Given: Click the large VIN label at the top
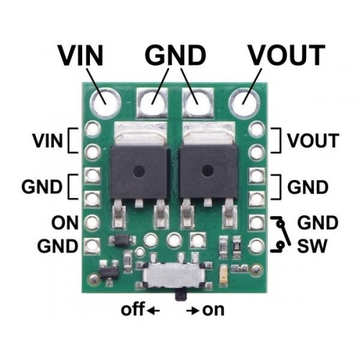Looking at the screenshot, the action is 81,55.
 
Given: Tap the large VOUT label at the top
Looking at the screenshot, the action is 287,55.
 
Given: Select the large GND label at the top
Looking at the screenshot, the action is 175,55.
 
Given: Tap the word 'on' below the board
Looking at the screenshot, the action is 213,310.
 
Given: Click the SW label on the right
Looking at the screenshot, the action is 312,246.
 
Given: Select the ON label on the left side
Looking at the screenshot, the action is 65,222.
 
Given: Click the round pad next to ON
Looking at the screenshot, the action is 93,222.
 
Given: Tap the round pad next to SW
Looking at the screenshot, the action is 256,246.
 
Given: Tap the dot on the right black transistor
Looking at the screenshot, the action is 207,171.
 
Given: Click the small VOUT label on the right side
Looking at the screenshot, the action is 313,140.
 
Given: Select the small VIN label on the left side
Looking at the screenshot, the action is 48,140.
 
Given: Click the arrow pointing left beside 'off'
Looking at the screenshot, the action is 153,311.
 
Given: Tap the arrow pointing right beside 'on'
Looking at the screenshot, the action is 193,311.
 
